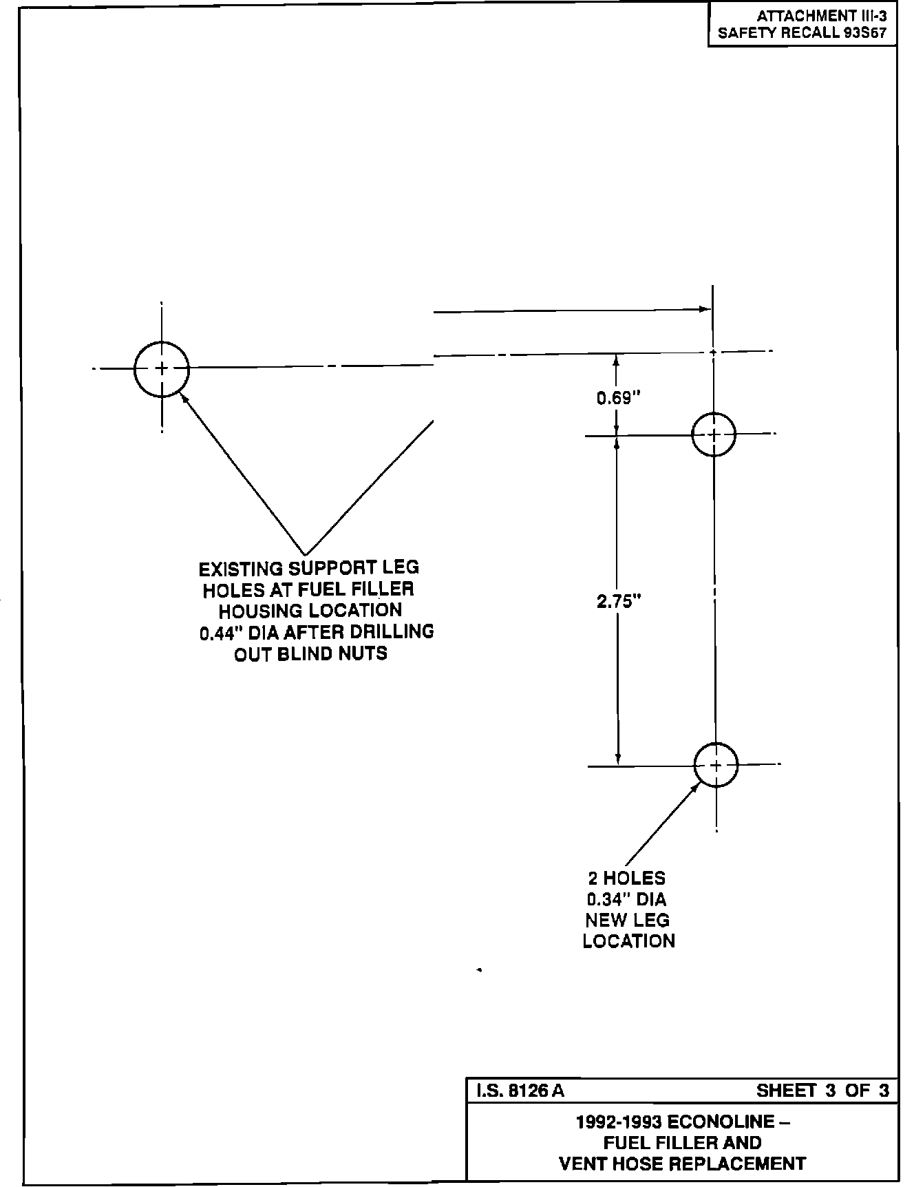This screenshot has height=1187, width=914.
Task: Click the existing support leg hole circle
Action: (x=161, y=369)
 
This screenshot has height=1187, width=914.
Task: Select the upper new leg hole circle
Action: (x=714, y=434)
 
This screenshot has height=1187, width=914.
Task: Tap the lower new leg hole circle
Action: (x=716, y=765)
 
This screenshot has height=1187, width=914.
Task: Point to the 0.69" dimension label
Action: (x=618, y=398)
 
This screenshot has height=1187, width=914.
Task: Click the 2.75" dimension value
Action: (x=619, y=600)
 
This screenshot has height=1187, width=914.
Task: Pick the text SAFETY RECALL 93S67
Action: (x=802, y=33)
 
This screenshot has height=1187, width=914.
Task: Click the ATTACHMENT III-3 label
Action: (x=821, y=16)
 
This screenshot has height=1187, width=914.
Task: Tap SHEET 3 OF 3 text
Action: (x=822, y=1091)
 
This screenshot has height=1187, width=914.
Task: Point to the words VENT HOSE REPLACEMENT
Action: (x=682, y=1164)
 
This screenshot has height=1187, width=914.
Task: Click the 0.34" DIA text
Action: (x=626, y=899)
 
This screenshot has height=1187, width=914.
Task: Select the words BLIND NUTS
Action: (x=332, y=653)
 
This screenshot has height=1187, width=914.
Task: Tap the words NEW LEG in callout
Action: (x=627, y=921)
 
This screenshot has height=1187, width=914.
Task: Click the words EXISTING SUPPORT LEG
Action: (x=308, y=569)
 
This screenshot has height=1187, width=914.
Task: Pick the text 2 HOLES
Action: (x=626, y=879)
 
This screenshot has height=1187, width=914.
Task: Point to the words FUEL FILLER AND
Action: (x=682, y=1143)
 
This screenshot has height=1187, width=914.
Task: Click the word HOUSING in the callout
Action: (x=261, y=611)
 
